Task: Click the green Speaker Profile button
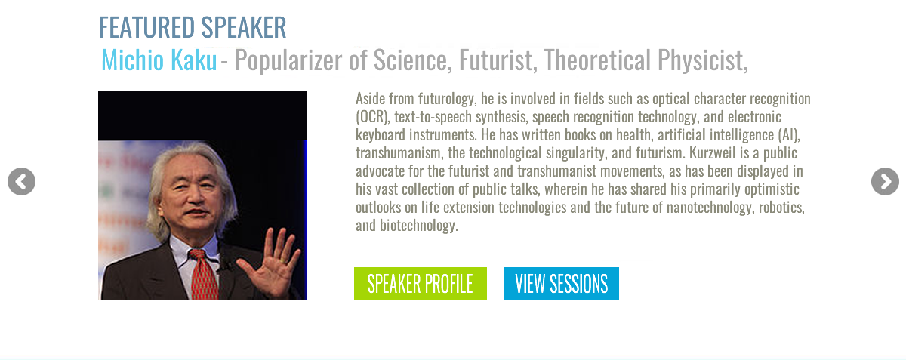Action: coord(421,283)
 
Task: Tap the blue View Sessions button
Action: coord(561,283)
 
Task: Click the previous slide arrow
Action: coord(21,182)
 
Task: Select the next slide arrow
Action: coord(885,182)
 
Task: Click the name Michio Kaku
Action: coord(159,60)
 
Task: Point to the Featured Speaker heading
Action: coord(193,27)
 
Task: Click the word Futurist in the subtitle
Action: coord(498,60)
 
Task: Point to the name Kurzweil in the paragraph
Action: coord(713,153)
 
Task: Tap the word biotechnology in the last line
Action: coord(418,226)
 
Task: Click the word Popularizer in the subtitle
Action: coord(288,60)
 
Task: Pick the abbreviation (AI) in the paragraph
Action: coord(789,135)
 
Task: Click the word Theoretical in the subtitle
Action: coord(597,60)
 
